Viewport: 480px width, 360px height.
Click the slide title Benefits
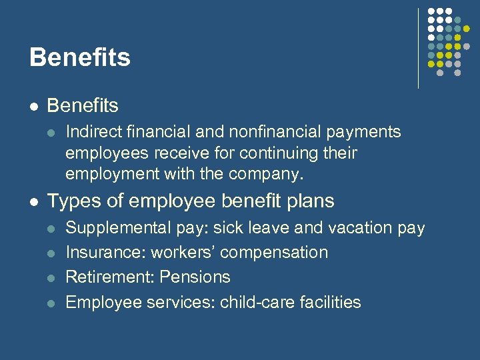(80, 57)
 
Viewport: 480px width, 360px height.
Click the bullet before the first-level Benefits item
(34, 106)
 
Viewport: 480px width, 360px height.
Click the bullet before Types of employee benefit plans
(34, 201)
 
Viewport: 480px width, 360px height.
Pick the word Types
(70, 201)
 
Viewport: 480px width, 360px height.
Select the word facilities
(329, 302)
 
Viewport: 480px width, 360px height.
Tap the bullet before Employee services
(52, 303)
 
